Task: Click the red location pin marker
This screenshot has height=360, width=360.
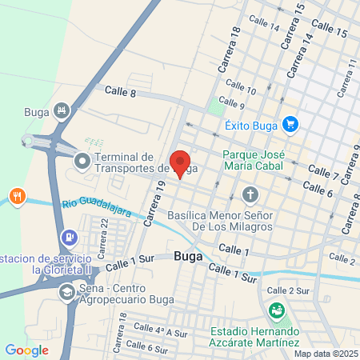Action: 180,162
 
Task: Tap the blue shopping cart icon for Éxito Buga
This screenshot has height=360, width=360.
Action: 290,124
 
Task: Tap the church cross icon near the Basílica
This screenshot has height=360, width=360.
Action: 250,194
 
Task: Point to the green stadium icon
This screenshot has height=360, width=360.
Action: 277,310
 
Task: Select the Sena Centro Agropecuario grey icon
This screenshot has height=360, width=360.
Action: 66,293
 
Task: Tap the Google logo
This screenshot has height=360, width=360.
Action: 26,350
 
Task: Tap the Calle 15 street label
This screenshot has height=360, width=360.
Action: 330,32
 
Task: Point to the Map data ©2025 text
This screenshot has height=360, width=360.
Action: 323,354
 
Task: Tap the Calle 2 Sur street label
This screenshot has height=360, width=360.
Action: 288,290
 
